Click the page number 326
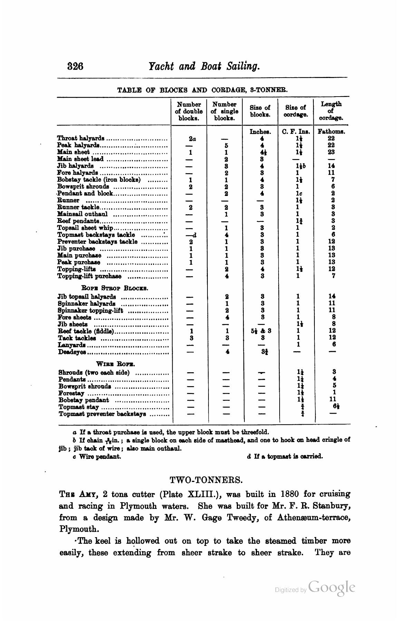pyautogui.click(x=75, y=66)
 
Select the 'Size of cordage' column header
pyautogui.click(x=296, y=111)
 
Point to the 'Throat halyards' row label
pyautogui.click(x=81, y=139)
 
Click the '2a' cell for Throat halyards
pyautogui.click(x=192, y=139)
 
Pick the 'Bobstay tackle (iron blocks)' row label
pyautogui.click(x=99, y=180)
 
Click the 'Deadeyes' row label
pyautogui.click(x=72, y=352)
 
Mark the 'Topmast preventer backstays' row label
pyautogui.click(x=102, y=414)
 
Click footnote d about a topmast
pyautogui.click(x=285, y=456)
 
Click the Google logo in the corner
pyautogui.click(x=332, y=587)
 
